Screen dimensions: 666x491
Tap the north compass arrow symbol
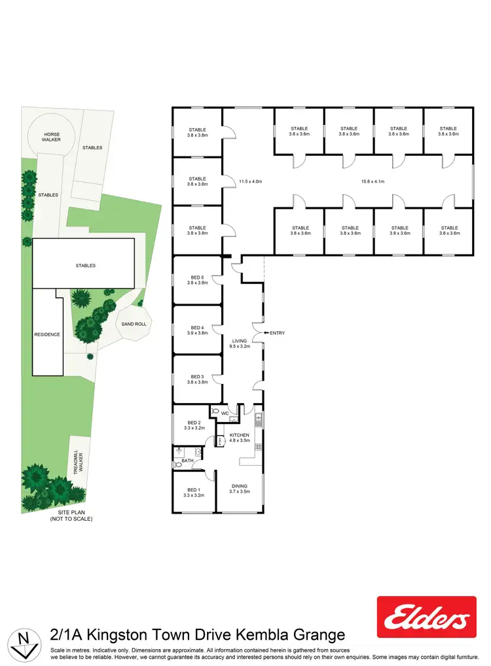coord(26,643)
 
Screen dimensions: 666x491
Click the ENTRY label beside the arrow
coord(277,334)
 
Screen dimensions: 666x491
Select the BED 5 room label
coord(197,278)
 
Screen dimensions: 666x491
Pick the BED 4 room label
coord(197,328)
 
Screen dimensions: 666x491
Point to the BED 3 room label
coord(197,377)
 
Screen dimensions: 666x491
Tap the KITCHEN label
coord(240,435)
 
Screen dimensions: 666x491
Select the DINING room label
coord(240,486)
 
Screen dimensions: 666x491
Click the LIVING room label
coord(240,341)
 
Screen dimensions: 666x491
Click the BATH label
coord(189,461)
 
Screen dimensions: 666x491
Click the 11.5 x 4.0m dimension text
coord(249,181)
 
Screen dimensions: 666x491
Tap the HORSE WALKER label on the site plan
coord(52,138)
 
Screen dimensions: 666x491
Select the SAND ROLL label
coord(135,324)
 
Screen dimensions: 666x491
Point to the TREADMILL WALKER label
coord(78,466)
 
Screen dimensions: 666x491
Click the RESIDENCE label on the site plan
coord(47,334)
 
